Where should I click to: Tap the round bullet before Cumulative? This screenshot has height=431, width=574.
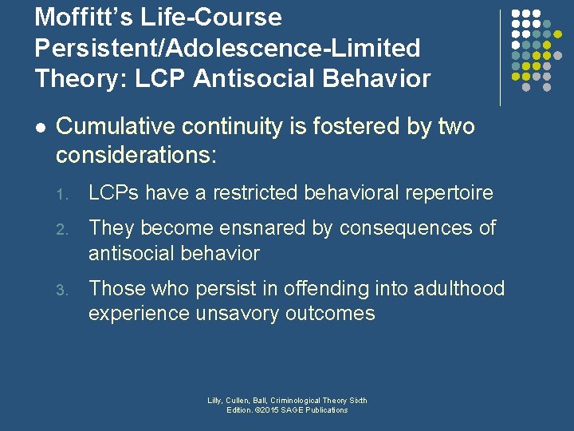pos(40,127)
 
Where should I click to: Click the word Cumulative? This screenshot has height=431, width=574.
pos(118,126)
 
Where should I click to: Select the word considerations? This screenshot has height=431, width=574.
pos(136,154)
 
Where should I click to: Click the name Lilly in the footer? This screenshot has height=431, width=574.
pos(215,401)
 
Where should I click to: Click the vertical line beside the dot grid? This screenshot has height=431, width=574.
pos(500,57)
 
